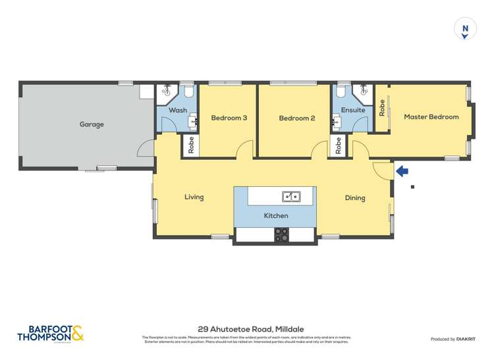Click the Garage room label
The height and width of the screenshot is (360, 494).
point(92,124)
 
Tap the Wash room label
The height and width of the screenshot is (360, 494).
point(178,111)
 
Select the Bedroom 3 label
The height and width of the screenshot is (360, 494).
point(229,118)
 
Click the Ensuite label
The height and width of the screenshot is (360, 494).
point(353,111)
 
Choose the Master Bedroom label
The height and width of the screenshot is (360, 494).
point(431,116)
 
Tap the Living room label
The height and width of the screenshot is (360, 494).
point(194,197)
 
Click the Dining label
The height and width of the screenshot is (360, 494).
point(355,198)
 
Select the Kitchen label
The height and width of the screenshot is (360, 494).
point(276,216)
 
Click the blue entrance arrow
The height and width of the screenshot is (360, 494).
point(402,171)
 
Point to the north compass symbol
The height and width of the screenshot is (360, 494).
point(465,28)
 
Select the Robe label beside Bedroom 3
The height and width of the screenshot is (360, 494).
point(191,146)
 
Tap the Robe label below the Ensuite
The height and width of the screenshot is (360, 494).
point(339,145)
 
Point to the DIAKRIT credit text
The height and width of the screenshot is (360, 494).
point(453,339)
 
